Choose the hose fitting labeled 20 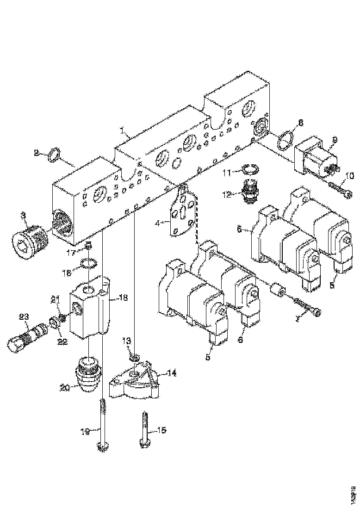point(88,374)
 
